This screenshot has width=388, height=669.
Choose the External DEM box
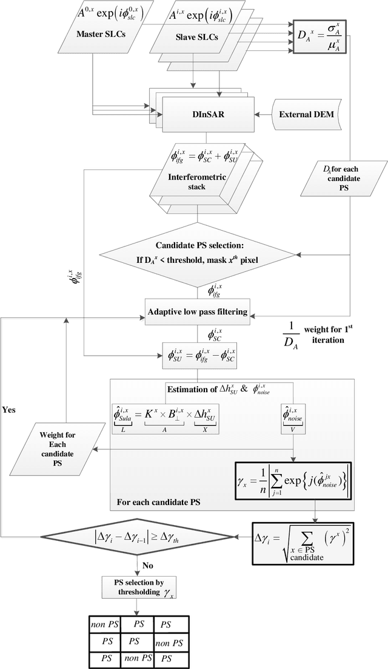click(x=309, y=114)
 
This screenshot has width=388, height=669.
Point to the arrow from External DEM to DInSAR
click(x=260, y=114)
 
